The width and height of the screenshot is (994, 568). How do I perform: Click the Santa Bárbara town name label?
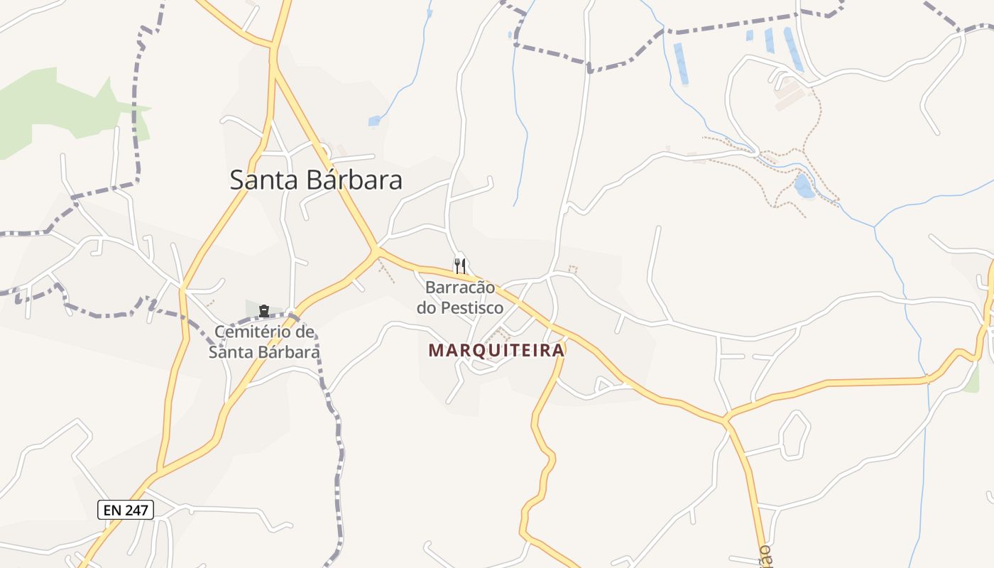click(x=316, y=180)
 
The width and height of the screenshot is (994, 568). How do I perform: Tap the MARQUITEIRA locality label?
click(x=496, y=350)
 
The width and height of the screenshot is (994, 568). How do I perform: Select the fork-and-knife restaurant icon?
click(x=460, y=266)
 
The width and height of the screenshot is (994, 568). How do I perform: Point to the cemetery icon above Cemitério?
click(x=264, y=310)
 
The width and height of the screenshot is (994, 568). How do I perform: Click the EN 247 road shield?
click(x=126, y=509)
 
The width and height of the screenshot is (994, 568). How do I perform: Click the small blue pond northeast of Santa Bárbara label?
click(x=374, y=121)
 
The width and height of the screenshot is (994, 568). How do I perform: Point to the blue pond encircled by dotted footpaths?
click(x=804, y=187)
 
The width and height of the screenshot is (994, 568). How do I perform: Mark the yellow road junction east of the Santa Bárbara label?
click(x=376, y=250)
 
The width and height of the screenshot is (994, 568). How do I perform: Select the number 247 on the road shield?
click(x=136, y=509)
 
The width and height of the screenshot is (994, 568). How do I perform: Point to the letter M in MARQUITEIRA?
click(x=435, y=350)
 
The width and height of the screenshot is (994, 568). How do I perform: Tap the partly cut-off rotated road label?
click(x=764, y=556)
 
